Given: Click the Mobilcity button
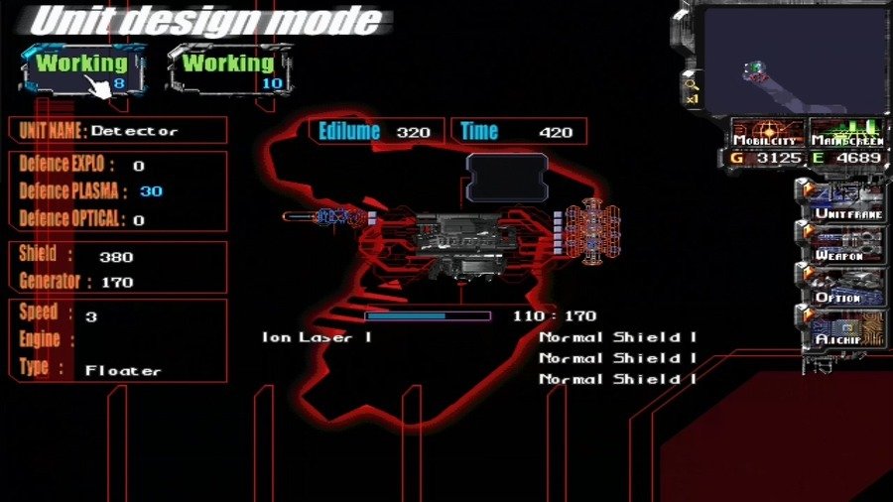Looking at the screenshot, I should pyautogui.click(x=766, y=133).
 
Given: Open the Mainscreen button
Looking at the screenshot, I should pyautogui.click(x=845, y=133).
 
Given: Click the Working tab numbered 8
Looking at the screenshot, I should pyautogui.click(x=83, y=69).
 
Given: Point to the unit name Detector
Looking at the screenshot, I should pyautogui.click(x=135, y=131).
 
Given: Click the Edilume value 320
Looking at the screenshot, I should pyautogui.click(x=413, y=132).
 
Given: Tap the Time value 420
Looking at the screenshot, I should pyautogui.click(x=556, y=132).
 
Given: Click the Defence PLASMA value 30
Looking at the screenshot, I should pyautogui.click(x=151, y=191).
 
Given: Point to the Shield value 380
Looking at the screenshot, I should pyautogui.click(x=116, y=257).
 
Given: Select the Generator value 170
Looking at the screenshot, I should pyautogui.click(x=116, y=282).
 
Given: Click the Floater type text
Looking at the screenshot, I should pyautogui.click(x=123, y=370).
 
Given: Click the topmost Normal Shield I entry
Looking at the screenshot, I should pyautogui.click(x=617, y=337).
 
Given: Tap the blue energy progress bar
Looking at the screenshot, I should pyautogui.click(x=427, y=316).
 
